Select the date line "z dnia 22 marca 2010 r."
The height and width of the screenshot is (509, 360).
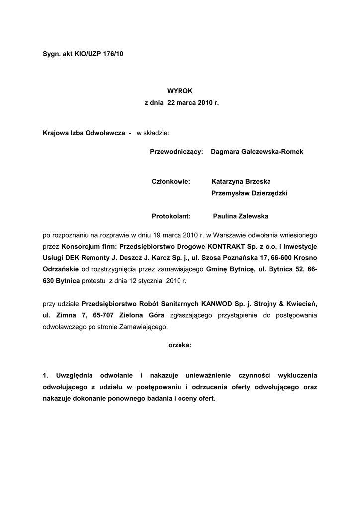181,103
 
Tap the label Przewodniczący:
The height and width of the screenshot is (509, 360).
177,151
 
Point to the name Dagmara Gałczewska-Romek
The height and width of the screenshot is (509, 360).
257,151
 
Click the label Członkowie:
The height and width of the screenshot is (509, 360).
171,182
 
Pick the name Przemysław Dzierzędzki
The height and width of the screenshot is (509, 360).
249,193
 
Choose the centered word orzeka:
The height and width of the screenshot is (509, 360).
180,344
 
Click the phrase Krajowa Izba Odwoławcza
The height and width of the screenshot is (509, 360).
84,133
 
